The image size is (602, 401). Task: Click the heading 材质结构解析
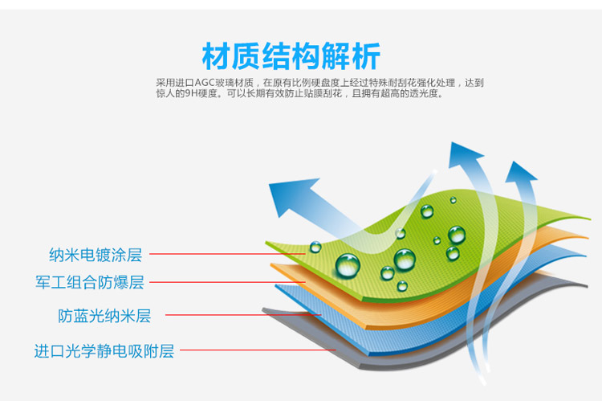(291, 56)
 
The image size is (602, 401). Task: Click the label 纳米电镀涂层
(96, 255)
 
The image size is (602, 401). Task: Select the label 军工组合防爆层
(90, 283)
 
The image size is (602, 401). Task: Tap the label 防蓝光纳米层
(104, 316)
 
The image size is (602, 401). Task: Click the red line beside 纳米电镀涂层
(225, 255)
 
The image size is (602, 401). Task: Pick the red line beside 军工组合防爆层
(225, 283)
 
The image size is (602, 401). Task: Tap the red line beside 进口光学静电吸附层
(257, 350)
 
